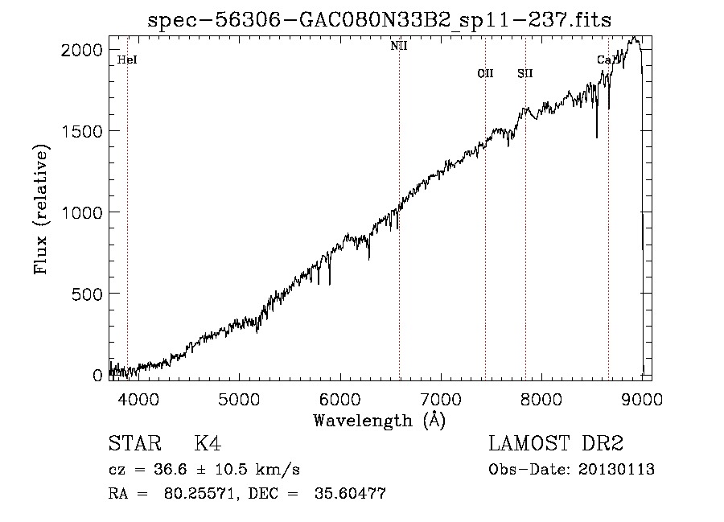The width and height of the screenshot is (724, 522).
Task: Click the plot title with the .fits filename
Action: pos(380,20)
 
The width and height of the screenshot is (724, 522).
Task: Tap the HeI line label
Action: pos(127,60)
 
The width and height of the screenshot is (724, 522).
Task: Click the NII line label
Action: pos(399,46)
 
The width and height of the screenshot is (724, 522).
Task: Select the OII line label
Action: pos(485,73)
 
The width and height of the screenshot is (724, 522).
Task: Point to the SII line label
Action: pos(525,73)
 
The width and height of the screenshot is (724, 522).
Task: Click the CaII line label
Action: pos(607,60)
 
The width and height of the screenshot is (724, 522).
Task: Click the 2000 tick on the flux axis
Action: pos(82,50)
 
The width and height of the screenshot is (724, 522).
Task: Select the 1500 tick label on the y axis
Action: pos(82,131)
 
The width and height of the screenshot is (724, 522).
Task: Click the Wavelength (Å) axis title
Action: pos(379,420)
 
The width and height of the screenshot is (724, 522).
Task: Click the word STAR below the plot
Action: pos(134,444)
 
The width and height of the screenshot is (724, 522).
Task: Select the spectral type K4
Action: pos(208,444)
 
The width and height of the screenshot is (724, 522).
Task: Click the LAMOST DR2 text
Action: pos(556,444)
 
